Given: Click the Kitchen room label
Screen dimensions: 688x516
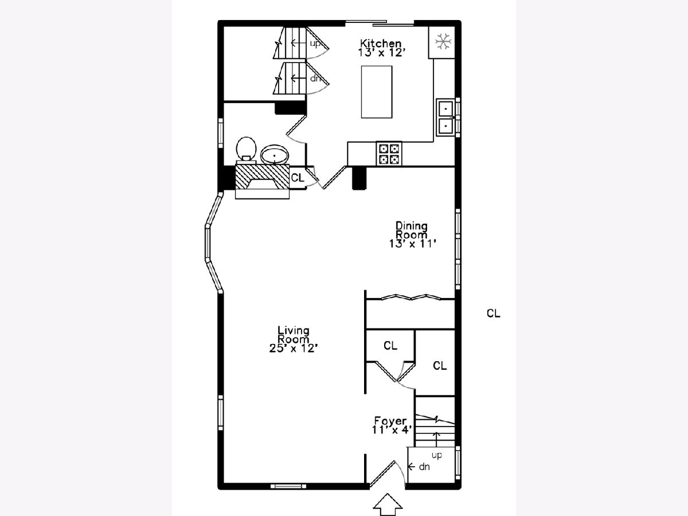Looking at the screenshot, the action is point(381,43).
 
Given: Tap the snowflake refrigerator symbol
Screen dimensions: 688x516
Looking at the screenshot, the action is point(443,42).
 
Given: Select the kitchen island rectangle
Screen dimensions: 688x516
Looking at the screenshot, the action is point(377,92).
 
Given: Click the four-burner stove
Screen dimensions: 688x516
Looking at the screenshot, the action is point(389,154).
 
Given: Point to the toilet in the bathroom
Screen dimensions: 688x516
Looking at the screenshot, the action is point(246,150).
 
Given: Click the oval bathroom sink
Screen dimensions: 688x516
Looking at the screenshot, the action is point(275,155).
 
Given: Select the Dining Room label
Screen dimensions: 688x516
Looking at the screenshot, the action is point(411,230).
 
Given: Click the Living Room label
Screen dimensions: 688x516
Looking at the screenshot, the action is point(294,335).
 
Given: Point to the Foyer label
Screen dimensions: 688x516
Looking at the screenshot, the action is point(390,420).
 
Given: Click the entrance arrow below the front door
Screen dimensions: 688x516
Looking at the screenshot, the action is point(388,505).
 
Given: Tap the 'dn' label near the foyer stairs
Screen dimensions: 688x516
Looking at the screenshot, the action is point(424,467).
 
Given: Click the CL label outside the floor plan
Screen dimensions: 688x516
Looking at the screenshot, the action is point(494,313).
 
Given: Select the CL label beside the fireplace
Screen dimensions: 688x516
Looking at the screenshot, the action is point(298,178).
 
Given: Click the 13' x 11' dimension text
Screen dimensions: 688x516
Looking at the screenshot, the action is point(413,244).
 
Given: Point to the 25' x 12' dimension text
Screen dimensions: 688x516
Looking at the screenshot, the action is point(294,348).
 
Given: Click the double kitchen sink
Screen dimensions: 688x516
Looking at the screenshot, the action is point(445,118).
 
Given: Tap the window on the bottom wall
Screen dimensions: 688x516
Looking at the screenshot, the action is point(288,486).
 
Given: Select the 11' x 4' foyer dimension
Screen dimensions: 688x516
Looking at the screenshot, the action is point(392,430).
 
